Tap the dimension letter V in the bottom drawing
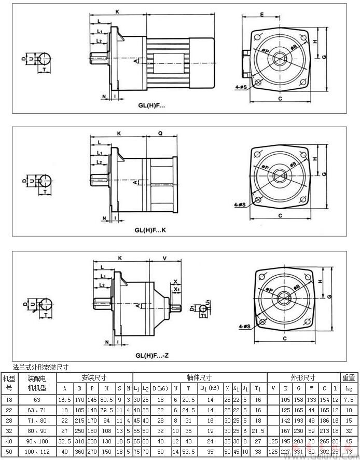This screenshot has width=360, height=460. (x=164, y=258)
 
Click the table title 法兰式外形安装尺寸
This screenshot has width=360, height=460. (x=33, y=367)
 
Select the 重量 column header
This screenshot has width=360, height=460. (x=349, y=377)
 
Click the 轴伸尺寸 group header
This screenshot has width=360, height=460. (x=200, y=377)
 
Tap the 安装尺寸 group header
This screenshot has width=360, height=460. (x=94, y=377)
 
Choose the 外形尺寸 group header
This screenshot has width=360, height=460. (x=304, y=377)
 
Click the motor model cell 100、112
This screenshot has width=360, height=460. (x=37, y=452)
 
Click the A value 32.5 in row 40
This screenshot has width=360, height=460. (x=65, y=441)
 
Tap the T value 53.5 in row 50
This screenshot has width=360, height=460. (x=189, y=452)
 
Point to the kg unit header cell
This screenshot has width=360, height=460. (x=349, y=388)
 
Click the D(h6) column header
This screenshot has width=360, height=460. (x=161, y=388)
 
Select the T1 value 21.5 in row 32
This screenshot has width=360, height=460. (x=258, y=431)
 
